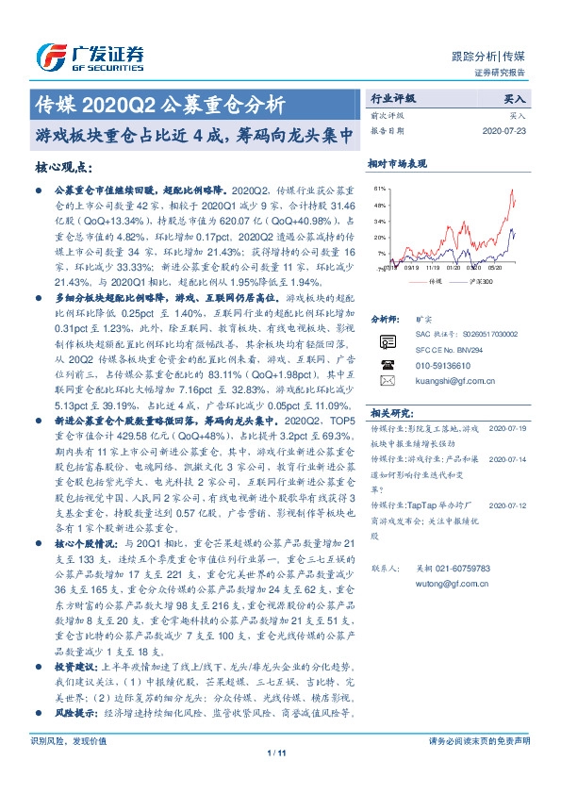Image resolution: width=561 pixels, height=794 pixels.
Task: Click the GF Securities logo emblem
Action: tap(48, 56)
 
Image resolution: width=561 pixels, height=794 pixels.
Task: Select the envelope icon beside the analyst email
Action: tap(388, 406)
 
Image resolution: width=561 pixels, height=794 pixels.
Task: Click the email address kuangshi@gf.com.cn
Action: tap(442, 407)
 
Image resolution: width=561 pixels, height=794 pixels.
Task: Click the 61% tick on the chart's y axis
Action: tap(379, 189)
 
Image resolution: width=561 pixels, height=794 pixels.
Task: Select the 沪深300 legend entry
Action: tap(483, 280)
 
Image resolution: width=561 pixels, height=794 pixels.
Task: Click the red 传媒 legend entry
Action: tap(432, 280)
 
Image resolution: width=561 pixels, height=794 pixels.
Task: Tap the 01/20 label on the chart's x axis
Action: tap(451, 267)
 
